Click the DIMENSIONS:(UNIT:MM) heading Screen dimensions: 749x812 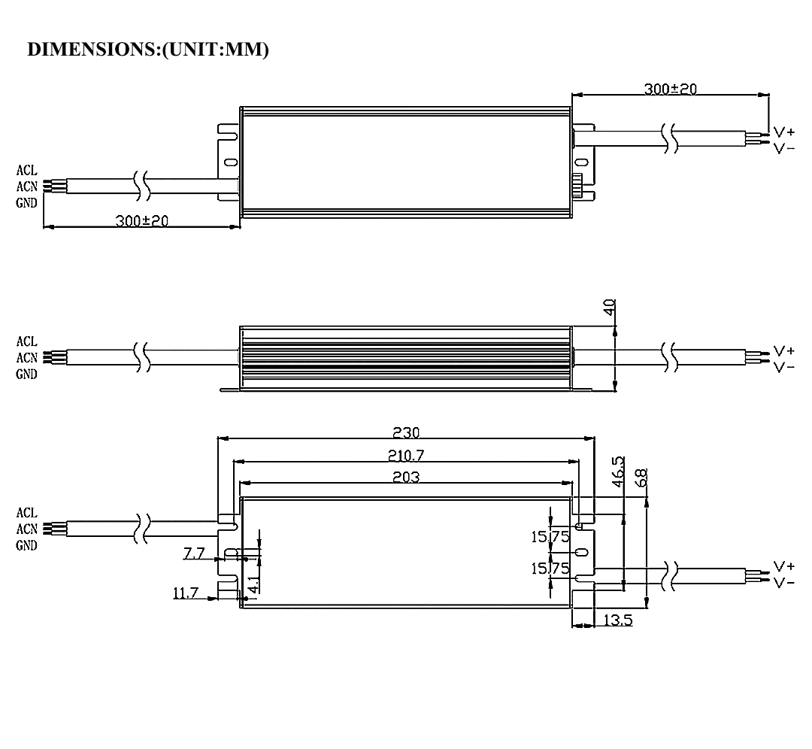point(147,50)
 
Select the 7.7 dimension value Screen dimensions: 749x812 point(194,554)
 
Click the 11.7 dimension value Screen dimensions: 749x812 point(186,593)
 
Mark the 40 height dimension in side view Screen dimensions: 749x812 point(610,307)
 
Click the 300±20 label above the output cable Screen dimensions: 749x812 point(670,89)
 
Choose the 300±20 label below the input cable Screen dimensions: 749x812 point(141,222)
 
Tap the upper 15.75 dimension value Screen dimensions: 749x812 point(551,536)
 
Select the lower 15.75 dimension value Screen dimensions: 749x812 point(551,569)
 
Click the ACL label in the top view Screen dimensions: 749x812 point(26,171)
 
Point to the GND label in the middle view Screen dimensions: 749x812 point(26,374)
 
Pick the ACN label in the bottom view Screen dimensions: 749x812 point(26,529)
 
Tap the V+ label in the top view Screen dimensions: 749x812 point(784,132)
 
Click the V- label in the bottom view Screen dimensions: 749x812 point(784,583)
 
